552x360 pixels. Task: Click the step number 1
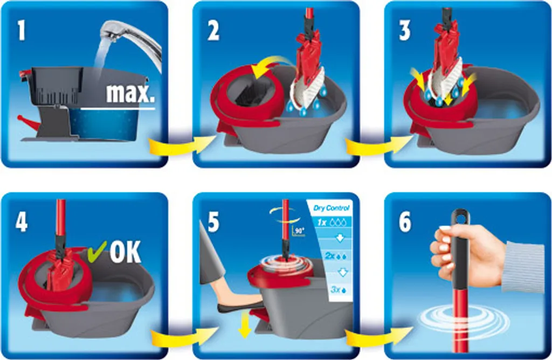click(x=22, y=31)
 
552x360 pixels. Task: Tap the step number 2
click(x=213, y=31)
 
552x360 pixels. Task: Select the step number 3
click(x=404, y=31)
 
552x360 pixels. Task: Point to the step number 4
click(x=22, y=222)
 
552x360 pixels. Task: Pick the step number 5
click(x=213, y=222)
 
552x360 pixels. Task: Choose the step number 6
click(x=405, y=222)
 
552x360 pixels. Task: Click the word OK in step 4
click(x=125, y=252)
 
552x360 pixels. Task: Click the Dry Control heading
click(x=332, y=208)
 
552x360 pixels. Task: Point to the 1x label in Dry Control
click(x=321, y=223)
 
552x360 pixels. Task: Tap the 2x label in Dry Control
click(x=329, y=256)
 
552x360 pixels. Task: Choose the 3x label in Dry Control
click(x=335, y=289)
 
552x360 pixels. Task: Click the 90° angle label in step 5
click(x=299, y=231)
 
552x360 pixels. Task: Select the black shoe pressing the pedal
click(x=240, y=307)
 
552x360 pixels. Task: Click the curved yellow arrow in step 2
click(x=273, y=64)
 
